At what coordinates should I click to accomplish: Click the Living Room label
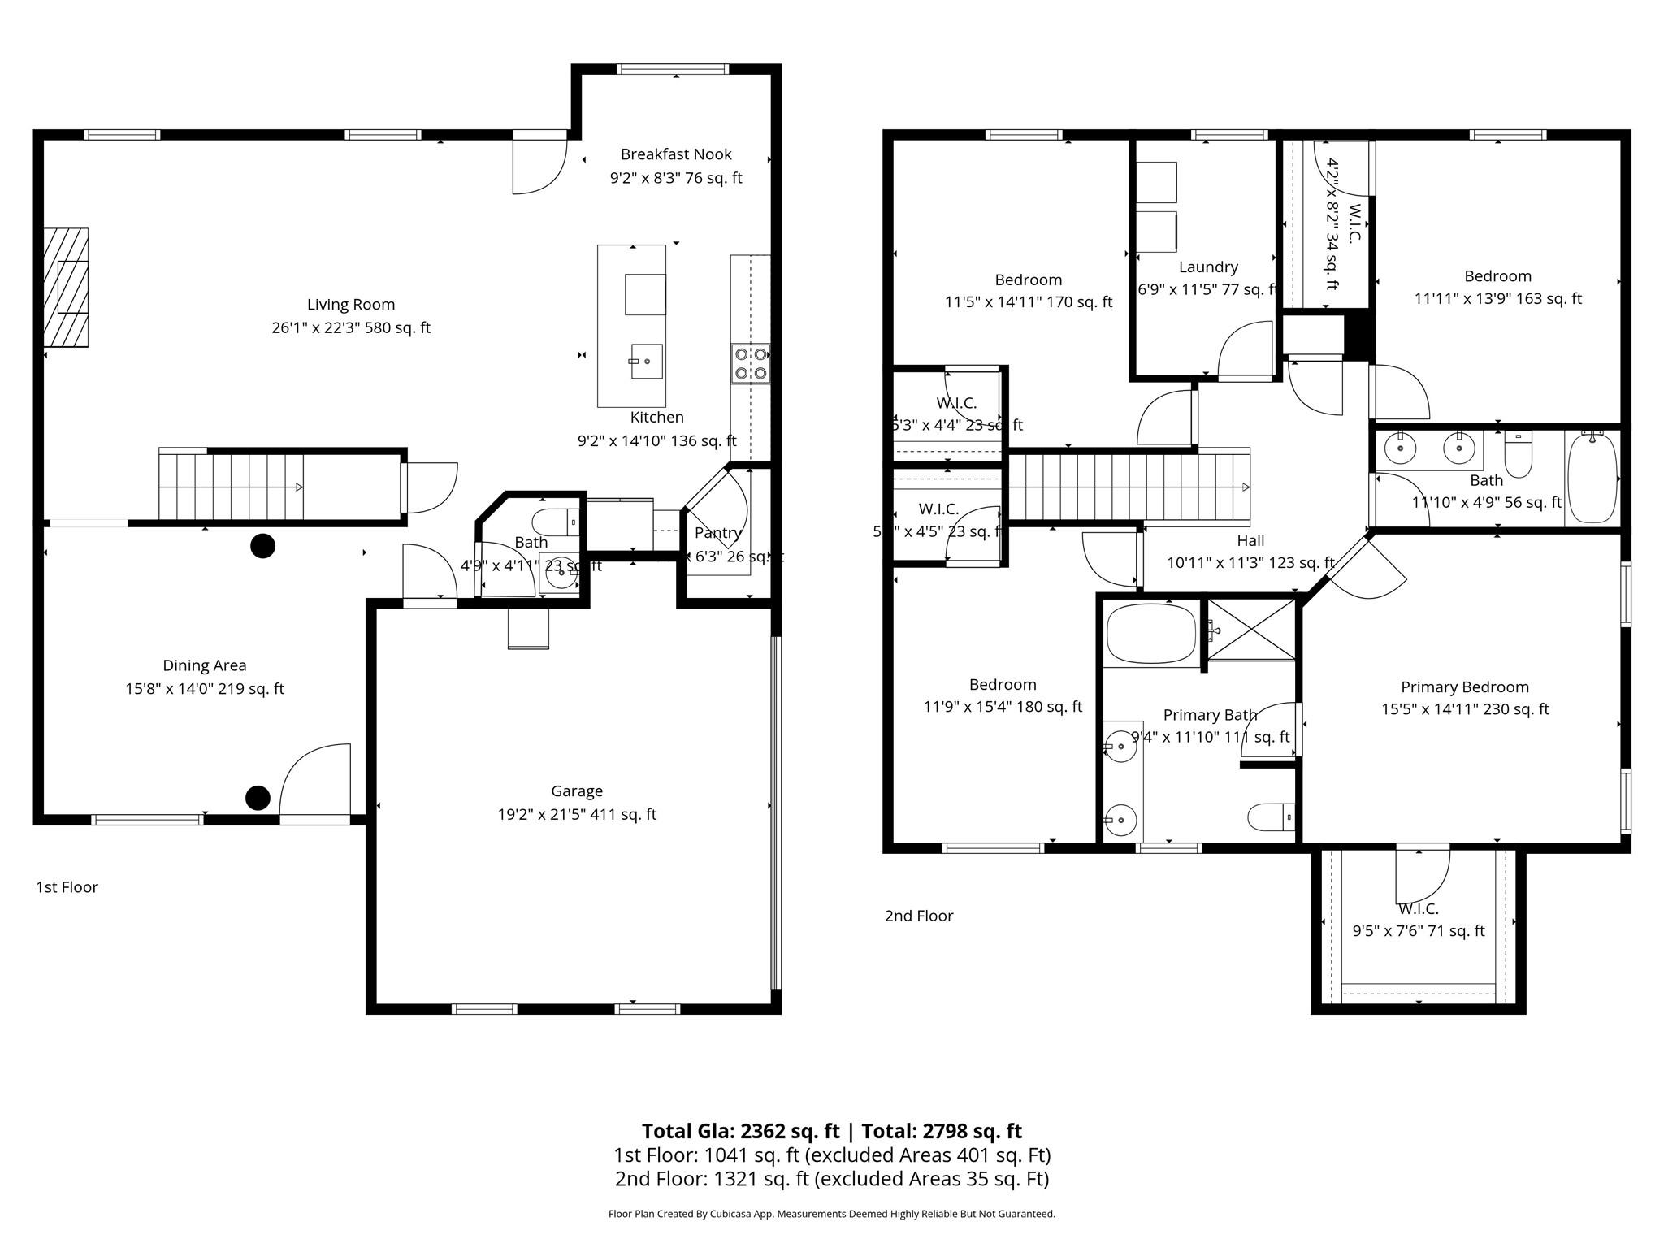(350, 305)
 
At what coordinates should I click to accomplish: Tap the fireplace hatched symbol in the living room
(66, 288)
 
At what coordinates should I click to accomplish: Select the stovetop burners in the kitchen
(750, 364)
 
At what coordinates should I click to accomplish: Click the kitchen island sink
(647, 361)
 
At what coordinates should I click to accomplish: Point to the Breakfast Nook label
(675, 154)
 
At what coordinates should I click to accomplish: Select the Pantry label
(717, 533)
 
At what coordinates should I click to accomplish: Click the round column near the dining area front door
(258, 798)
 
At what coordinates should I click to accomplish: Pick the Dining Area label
(204, 665)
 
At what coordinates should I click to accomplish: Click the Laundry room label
(1207, 267)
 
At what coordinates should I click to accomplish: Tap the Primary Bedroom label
(1464, 687)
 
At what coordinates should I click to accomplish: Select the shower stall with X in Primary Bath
(1250, 629)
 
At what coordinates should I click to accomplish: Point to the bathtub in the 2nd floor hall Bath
(1592, 478)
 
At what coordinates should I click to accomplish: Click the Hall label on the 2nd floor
(1250, 540)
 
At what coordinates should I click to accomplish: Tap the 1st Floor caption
(67, 887)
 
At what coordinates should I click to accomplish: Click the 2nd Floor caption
(918, 916)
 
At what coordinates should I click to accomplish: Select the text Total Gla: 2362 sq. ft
(739, 1131)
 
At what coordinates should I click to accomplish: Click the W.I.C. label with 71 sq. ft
(1418, 909)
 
